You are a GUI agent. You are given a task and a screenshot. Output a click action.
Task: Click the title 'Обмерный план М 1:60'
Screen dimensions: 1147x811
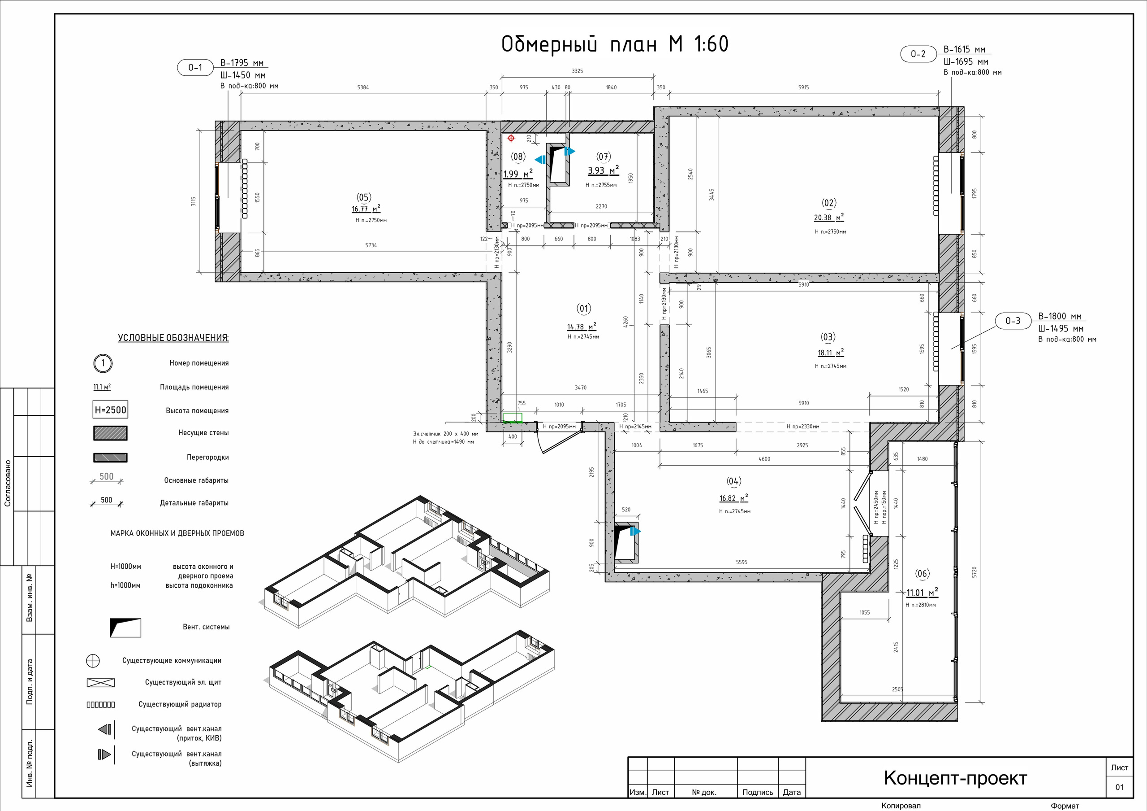tap(615, 44)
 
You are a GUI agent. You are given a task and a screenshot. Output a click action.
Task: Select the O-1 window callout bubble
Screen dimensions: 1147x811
tap(195, 67)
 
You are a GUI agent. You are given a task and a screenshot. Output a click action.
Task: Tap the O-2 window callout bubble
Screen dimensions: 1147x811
tap(918, 54)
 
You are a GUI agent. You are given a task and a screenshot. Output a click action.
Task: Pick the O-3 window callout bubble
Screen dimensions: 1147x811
tap(1013, 321)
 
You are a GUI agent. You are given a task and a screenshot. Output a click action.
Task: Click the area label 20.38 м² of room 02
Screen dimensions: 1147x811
tap(829, 218)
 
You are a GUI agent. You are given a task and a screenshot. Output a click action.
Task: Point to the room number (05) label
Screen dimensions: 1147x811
tap(364, 197)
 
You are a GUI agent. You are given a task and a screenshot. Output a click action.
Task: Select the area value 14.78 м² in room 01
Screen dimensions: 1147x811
tap(582, 327)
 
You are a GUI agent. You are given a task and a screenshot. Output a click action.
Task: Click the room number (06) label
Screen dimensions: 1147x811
tap(922, 574)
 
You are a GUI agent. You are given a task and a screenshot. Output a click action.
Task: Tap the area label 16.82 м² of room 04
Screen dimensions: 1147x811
tap(734, 498)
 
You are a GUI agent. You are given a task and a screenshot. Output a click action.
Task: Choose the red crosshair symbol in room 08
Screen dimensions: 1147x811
tap(511, 138)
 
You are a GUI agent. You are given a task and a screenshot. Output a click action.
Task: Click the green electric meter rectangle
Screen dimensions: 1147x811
tap(513, 418)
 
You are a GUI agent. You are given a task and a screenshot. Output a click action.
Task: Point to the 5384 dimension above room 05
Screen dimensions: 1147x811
tap(363, 87)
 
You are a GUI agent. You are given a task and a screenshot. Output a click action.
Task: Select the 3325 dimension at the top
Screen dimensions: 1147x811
tap(578, 71)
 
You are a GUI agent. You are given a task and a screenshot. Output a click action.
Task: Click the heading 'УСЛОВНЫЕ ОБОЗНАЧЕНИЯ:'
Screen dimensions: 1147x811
tap(173, 338)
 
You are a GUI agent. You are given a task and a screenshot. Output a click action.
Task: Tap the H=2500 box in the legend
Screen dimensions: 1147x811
tap(110, 410)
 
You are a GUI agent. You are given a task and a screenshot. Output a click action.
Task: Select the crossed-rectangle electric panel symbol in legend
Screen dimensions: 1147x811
tap(101, 683)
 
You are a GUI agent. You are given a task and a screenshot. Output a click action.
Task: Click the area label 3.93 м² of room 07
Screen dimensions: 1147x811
tap(604, 170)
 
